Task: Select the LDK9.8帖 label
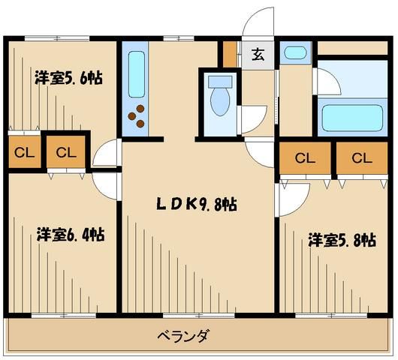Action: coord(197,202)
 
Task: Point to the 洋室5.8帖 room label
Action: coord(342,240)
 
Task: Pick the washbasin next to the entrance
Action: coord(295,53)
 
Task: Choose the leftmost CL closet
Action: coord(23,152)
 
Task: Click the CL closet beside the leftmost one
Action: coord(65,152)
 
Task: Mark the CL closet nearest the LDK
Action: coord(304,158)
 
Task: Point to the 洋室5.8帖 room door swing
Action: coord(291,196)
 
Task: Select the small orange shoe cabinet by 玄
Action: coord(231,54)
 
